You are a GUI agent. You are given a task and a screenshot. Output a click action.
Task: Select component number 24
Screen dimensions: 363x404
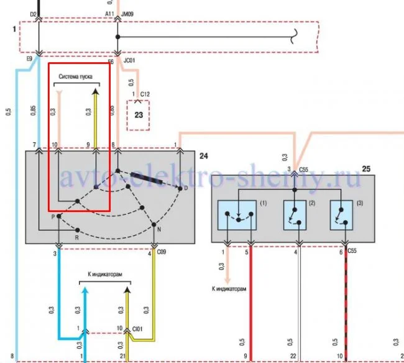click(203, 155)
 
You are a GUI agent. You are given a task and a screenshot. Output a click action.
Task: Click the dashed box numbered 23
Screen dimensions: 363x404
click(139, 116)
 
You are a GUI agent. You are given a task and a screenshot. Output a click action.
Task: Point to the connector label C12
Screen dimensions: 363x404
click(145, 94)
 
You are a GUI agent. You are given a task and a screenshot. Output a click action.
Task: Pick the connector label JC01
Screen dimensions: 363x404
click(130, 62)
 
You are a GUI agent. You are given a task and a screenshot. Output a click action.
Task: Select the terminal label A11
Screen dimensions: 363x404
click(109, 13)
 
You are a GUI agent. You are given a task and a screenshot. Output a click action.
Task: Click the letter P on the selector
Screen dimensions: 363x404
click(53, 217)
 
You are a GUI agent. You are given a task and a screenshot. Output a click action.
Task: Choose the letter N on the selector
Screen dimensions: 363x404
click(159, 229)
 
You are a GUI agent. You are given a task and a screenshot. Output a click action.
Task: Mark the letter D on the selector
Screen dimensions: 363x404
click(185, 188)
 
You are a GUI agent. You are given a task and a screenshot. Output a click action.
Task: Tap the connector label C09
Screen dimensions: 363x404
click(161, 253)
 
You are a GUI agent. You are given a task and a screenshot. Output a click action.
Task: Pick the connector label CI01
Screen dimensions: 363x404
click(138, 328)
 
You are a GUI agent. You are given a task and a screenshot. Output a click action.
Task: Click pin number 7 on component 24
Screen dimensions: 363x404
click(35, 145)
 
